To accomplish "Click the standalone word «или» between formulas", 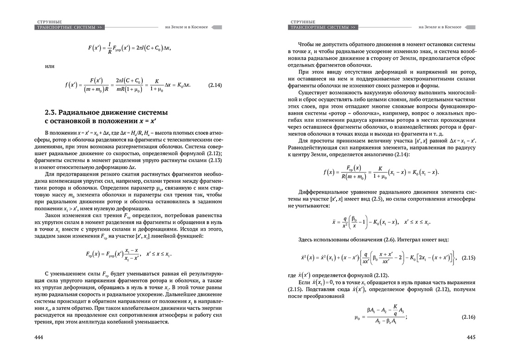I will tap(50, 66).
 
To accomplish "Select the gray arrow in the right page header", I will tap(469, 27).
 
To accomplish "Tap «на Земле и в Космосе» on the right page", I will tap(440, 27).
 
